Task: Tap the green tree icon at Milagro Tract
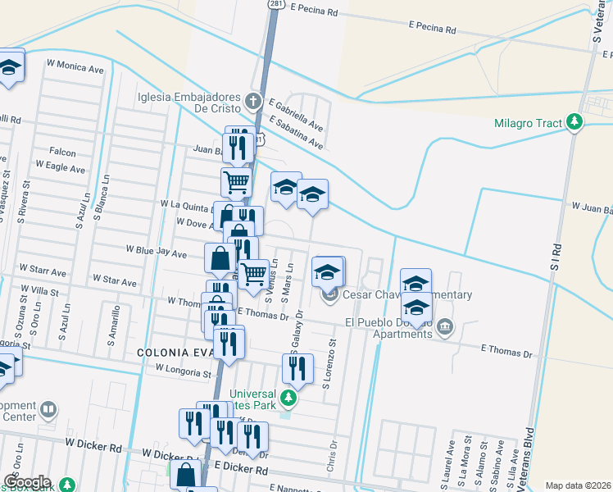(x=575, y=123)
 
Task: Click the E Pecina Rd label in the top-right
(x=432, y=29)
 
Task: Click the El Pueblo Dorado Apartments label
(x=391, y=328)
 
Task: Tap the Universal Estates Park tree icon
(x=288, y=399)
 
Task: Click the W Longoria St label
(x=184, y=371)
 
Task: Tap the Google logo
(x=27, y=482)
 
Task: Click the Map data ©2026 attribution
(x=577, y=485)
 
